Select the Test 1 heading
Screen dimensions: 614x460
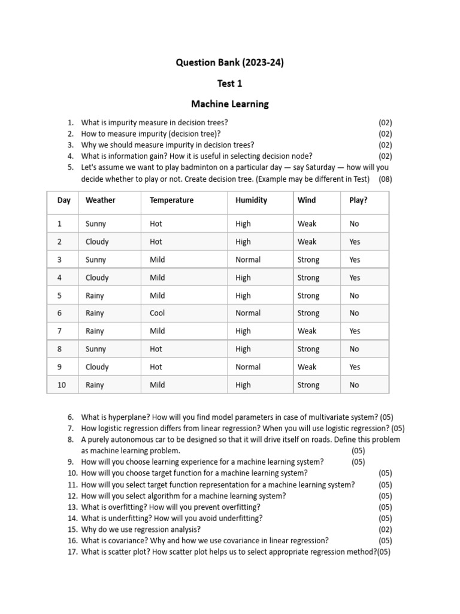(229, 83)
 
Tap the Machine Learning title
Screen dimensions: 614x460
(229, 104)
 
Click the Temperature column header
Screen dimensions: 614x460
(171, 200)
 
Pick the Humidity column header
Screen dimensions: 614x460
(251, 200)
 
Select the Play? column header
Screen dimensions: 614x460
(358, 200)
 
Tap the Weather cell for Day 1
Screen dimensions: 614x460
(96, 224)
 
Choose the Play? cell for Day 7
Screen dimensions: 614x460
(355, 331)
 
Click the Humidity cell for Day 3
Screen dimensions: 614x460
(248, 260)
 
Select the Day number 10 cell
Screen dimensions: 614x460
(62, 385)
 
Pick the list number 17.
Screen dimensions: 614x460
(72, 552)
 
